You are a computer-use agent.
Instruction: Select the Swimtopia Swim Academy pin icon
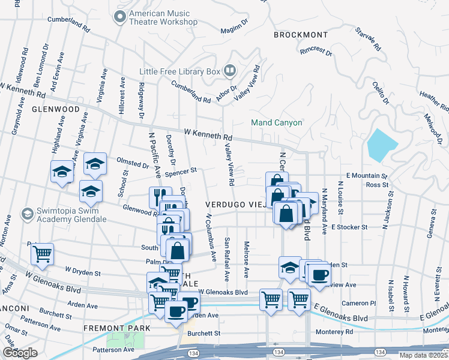tap(26, 214)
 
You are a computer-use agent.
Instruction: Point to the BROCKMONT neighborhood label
tap(301, 35)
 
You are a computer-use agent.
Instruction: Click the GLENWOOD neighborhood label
tap(56, 110)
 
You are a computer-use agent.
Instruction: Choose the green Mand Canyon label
tap(276, 122)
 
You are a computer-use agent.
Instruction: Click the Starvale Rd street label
tap(368, 38)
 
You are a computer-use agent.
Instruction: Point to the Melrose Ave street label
tap(246, 259)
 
